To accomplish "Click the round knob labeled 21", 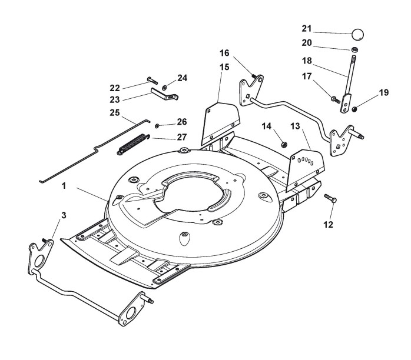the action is [358, 34].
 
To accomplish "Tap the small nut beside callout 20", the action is [354, 49].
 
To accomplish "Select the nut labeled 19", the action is [354, 109].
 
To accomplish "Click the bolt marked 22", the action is [153, 80].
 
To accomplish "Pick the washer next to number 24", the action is [165, 87].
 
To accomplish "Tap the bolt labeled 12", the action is [330, 198].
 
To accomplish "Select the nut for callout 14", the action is [284, 144].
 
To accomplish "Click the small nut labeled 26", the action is [157, 126].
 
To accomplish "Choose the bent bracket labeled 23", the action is [164, 94].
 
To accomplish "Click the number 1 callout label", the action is [64, 186].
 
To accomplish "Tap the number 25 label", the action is [115, 113].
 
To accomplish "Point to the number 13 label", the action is [295, 126].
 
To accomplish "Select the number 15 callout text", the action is [224, 67].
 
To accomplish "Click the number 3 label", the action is [64, 215].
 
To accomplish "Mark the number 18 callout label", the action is [307, 61].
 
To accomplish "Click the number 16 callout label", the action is [224, 53].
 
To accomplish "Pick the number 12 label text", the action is [328, 224].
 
